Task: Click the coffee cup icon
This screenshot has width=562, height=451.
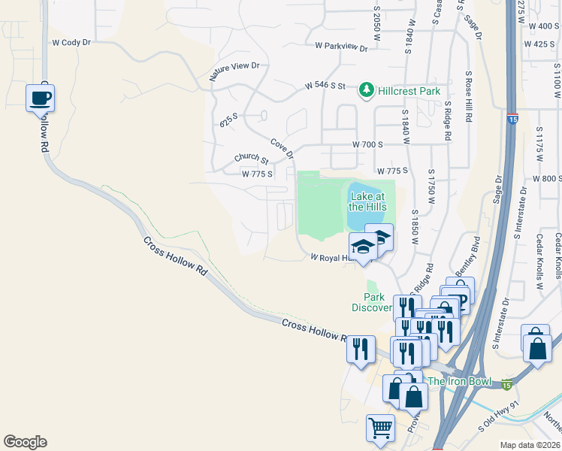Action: pyautogui.click(x=40, y=98)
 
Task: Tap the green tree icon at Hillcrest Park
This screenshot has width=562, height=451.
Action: pyautogui.click(x=367, y=91)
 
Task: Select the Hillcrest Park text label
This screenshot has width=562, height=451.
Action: pyautogui.click(x=409, y=91)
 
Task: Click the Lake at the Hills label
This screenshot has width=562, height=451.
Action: pyautogui.click(x=367, y=201)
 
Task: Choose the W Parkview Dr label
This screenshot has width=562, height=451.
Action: pyautogui.click(x=341, y=47)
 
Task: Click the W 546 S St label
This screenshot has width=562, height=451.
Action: pyautogui.click(x=325, y=86)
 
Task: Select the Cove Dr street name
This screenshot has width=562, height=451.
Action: pyautogui.click(x=282, y=148)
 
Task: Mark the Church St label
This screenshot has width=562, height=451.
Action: pyautogui.click(x=251, y=158)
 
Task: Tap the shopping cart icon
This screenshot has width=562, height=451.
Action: pyautogui.click(x=380, y=428)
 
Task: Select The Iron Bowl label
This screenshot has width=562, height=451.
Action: pyautogui.click(x=459, y=381)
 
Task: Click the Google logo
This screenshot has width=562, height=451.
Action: pyautogui.click(x=25, y=442)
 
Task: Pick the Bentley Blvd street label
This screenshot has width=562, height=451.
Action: pyautogui.click(x=467, y=256)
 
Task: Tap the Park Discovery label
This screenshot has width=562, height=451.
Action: pyautogui.click(x=372, y=302)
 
